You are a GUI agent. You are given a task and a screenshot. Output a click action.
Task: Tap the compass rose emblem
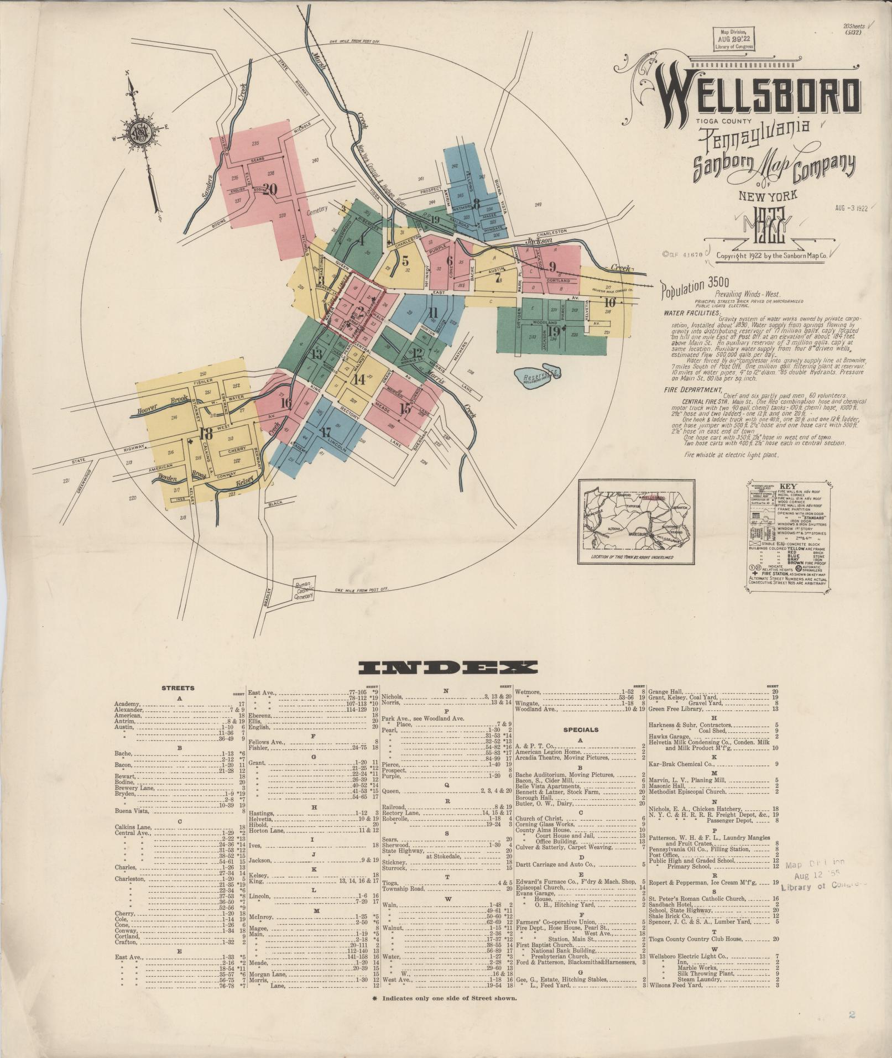[140, 135]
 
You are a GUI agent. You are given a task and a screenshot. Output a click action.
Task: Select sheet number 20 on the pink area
[270, 189]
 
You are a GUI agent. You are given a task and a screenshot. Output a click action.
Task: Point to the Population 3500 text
[692, 286]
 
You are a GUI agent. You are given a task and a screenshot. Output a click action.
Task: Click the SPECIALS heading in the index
[581, 729]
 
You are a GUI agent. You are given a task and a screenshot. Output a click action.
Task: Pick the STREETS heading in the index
[178, 689]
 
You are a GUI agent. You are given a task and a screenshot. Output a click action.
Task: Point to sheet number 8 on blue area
[476, 202]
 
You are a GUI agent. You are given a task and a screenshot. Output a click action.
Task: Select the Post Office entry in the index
[663, 854]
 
